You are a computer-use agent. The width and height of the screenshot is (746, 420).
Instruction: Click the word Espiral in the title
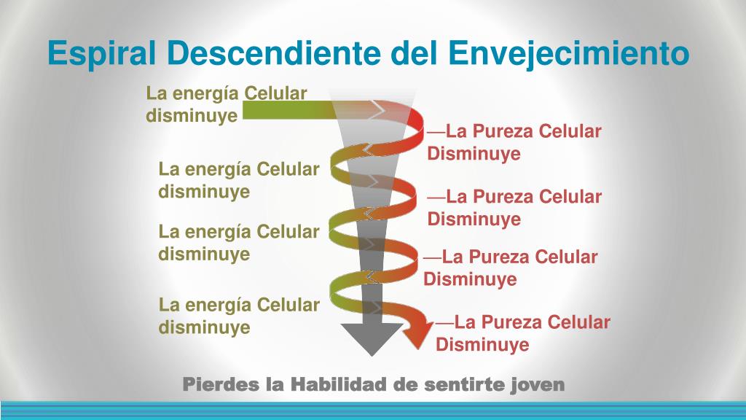click(x=102, y=52)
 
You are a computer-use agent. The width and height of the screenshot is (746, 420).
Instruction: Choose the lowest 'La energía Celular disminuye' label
click(x=239, y=316)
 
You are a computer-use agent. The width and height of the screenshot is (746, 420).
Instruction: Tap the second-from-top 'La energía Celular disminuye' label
click(x=239, y=180)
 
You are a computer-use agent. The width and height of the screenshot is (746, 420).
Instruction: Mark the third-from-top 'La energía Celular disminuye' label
click(x=239, y=243)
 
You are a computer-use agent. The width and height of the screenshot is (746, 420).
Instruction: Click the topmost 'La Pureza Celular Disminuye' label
click(x=514, y=142)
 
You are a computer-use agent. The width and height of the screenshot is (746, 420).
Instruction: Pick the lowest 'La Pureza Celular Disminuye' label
click(x=523, y=333)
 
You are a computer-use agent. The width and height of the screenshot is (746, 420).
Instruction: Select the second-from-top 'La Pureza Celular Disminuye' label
click(x=514, y=208)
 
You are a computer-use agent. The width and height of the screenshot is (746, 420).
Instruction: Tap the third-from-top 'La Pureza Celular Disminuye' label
click(x=511, y=268)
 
